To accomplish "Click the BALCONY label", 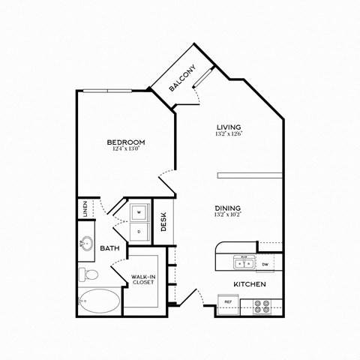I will tap(182, 78).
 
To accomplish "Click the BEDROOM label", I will tap(125, 142).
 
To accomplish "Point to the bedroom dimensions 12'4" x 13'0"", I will tap(125, 148).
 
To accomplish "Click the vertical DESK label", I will tap(163, 223).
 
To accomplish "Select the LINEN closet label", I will tap(85, 208).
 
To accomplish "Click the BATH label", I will tap(110, 247).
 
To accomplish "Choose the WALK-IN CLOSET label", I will tap(142, 279).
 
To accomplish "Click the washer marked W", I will tap(139, 213).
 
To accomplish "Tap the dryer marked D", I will tap(139, 231).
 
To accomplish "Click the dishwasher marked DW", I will tap(265, 264).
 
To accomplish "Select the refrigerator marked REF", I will tap(228, 302).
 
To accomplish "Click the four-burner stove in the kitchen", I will tap(263, 305).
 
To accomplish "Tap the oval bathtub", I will tap(98, 302).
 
